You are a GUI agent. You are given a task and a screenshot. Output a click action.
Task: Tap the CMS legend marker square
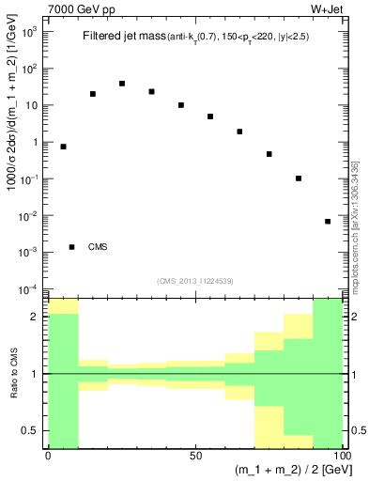tap(72, 247)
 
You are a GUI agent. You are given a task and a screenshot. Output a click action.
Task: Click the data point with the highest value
tap(122, 84)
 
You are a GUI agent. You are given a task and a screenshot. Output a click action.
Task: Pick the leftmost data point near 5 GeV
tap(63, 147)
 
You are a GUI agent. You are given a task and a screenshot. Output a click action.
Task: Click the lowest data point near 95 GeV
tap(328, 222)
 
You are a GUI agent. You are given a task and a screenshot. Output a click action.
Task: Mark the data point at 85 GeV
tap(299, 178)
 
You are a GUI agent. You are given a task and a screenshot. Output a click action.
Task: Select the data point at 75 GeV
tap(269, 154)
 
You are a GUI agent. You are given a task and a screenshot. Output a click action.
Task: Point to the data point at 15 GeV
tap(93, 94)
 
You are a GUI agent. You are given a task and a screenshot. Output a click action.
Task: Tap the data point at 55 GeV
tap(210, 116)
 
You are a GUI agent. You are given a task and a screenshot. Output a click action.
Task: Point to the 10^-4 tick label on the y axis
tap(30, 288)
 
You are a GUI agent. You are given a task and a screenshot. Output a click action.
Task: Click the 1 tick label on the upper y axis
tap(36, 143)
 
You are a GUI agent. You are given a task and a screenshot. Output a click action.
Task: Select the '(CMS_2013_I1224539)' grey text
tap(195, 281)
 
